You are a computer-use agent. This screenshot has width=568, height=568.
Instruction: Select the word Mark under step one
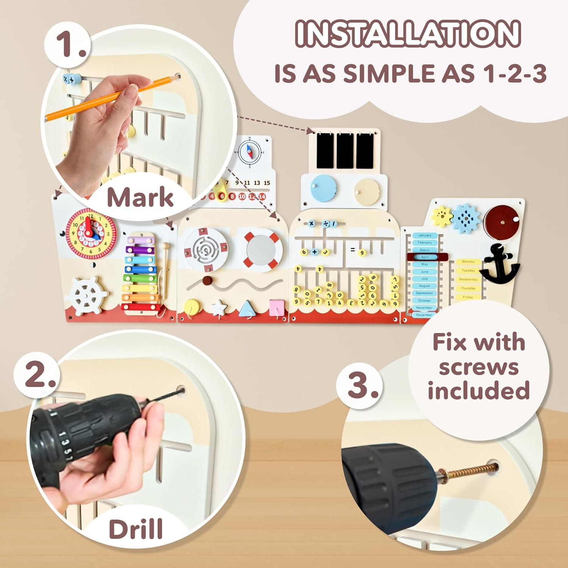pyautogui.click(x=140, y=197)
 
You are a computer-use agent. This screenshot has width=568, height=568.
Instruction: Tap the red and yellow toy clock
pyautogui.click(x=91, y=231)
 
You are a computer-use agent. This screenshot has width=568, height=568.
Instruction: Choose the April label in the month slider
pyautogui.click(x=424, y=257)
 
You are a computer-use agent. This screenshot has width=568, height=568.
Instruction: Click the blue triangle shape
pyautogui.click(x=247, y=308)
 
